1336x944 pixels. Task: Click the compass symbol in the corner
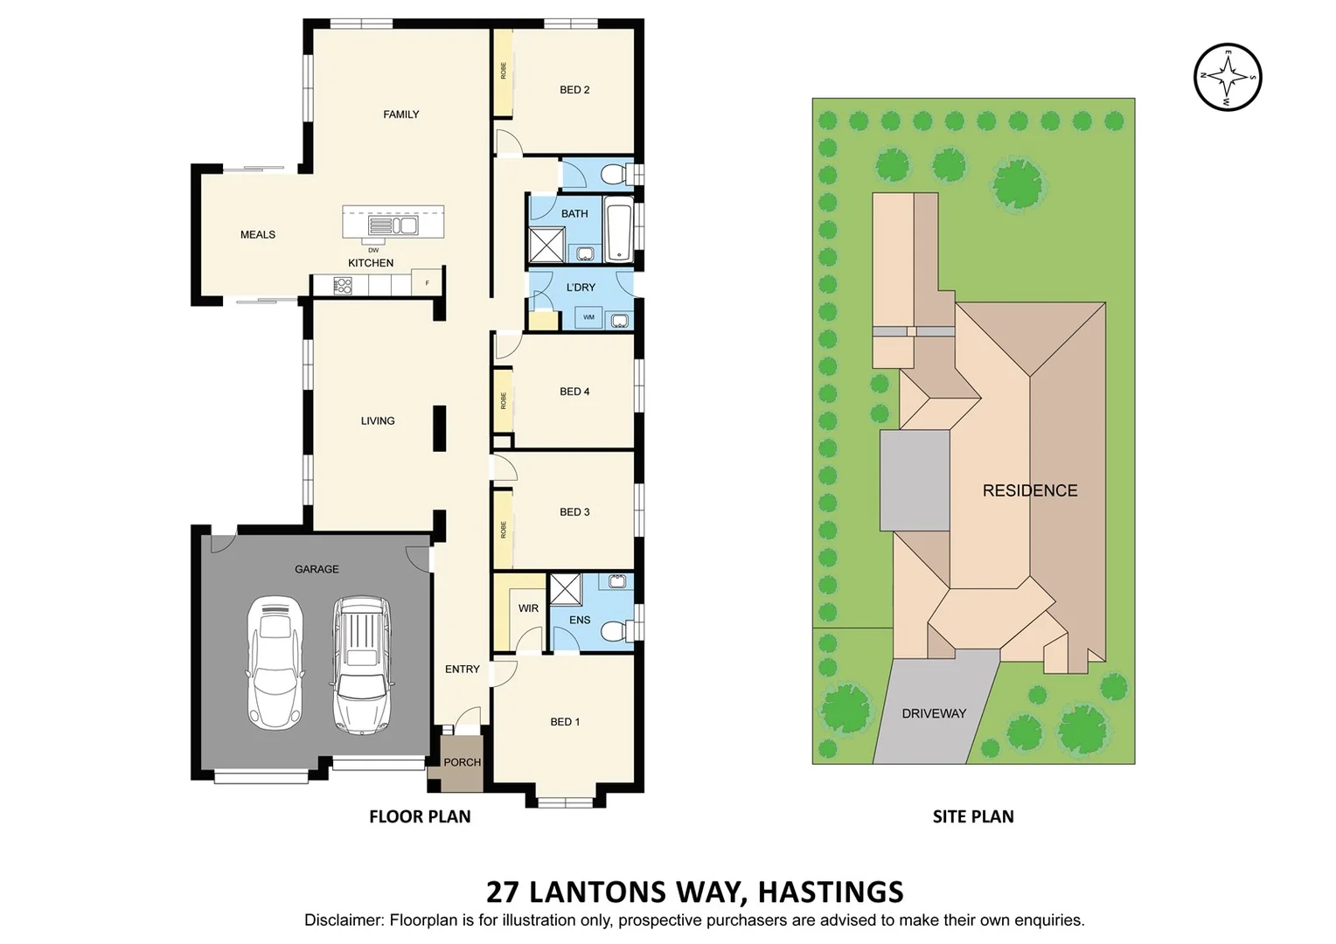(x=1228, y=77)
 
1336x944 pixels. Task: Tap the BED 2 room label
(x=574, y=90)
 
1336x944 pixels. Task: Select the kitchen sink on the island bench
(x=393, y=226)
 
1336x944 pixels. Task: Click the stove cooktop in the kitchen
(x=343, y=286)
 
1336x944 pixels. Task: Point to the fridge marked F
(x=427, y=283)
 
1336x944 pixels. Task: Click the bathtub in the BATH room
(x=618, y=231)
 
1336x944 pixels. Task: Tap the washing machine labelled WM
(x=588, y=317)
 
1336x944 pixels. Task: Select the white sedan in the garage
(x=275, y=663)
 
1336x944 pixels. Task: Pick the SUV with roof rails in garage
(x=360, y=664)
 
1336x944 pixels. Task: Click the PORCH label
(x=462, y=762)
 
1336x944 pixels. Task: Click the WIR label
(x=528, y=608)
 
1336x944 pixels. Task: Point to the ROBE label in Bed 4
(x=504, y=401)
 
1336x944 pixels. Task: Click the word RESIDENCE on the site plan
(x=1029, y=490)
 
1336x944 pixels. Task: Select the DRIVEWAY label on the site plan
(x=934, y=713)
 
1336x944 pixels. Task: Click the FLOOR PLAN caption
(x=420, y=816)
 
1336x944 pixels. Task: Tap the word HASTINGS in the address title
(x=830, y=892)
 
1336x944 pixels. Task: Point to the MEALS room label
(x=258, y=234)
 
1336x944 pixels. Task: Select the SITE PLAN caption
(x=972, y=816)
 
